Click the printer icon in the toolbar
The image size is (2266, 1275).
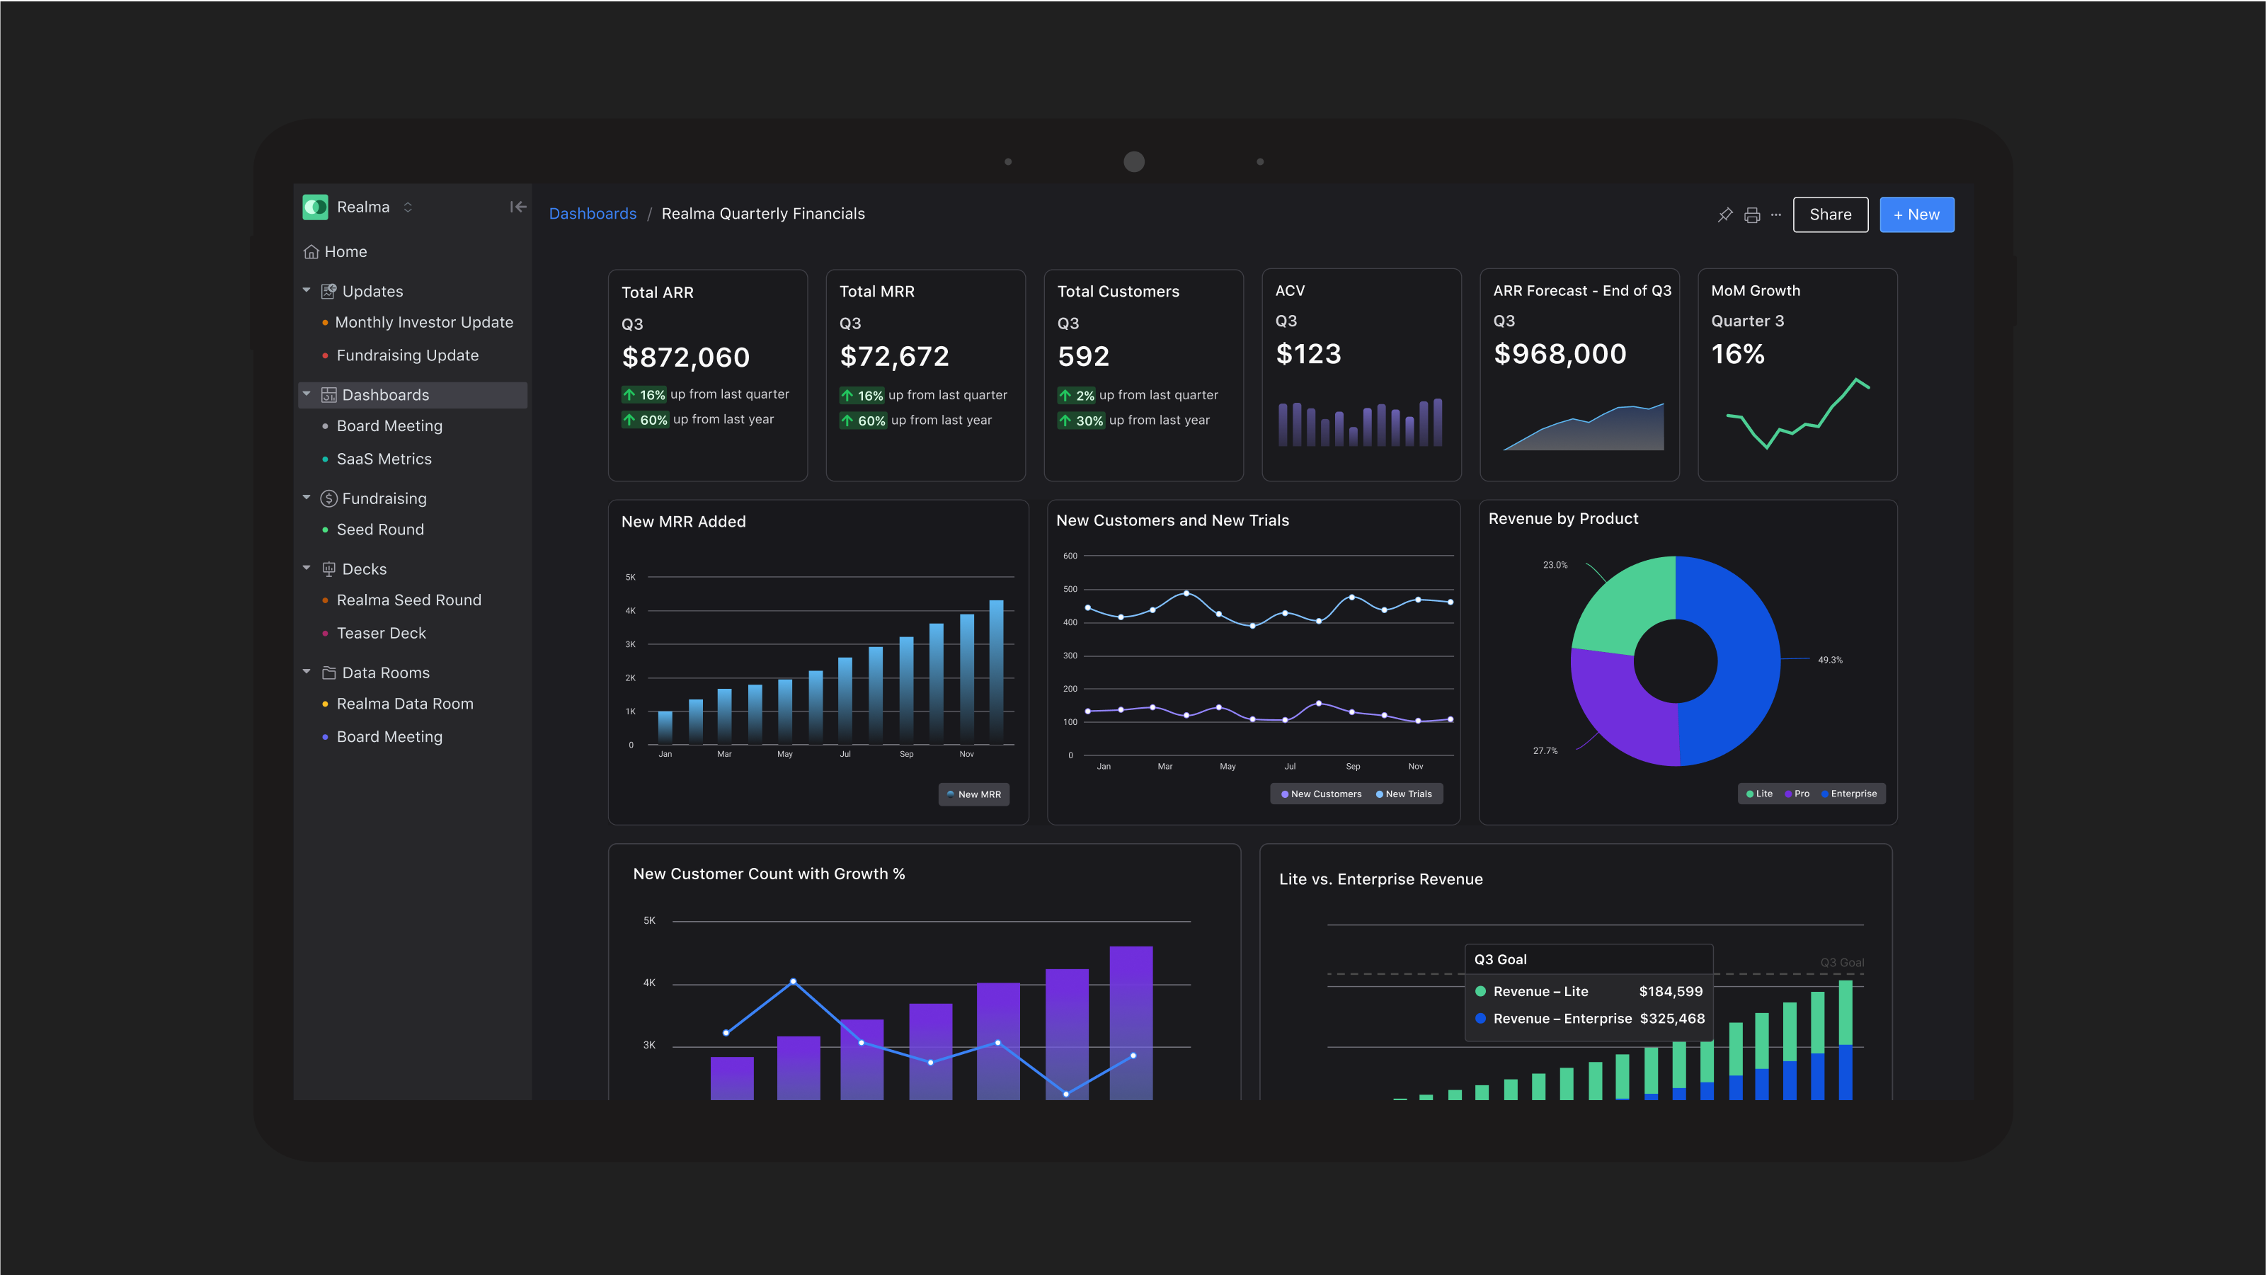pos(1751,215)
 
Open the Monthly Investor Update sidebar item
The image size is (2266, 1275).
pos(423,322)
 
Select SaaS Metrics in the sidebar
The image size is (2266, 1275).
pos(384,459)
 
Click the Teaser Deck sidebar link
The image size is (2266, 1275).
pos(381,633)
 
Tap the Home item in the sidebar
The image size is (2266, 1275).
pos(345,251)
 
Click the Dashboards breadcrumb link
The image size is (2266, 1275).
pos(592,214)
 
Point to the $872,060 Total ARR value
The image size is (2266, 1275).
pos(685,358)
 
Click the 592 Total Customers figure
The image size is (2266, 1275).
pos(1083,356)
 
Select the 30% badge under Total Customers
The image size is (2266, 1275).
pos(1088,421)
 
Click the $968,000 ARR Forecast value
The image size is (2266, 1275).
pos(1560,354)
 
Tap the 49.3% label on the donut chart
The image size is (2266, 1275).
pos(1830,660)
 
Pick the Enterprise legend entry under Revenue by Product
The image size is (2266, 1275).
pos(1853,794)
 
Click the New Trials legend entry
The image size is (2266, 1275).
pos(1407,794)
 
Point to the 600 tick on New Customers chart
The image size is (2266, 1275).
pos(1070,556)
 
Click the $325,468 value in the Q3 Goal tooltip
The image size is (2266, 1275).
pos(1671,1018)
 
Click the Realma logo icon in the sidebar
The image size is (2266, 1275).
pos(316,207)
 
